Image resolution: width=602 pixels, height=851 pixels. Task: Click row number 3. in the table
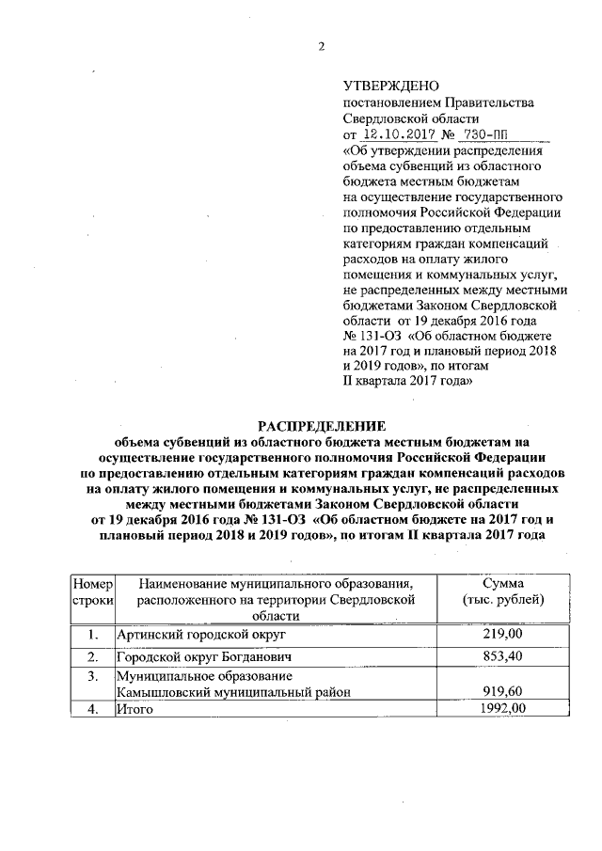(x=93, y=675)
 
